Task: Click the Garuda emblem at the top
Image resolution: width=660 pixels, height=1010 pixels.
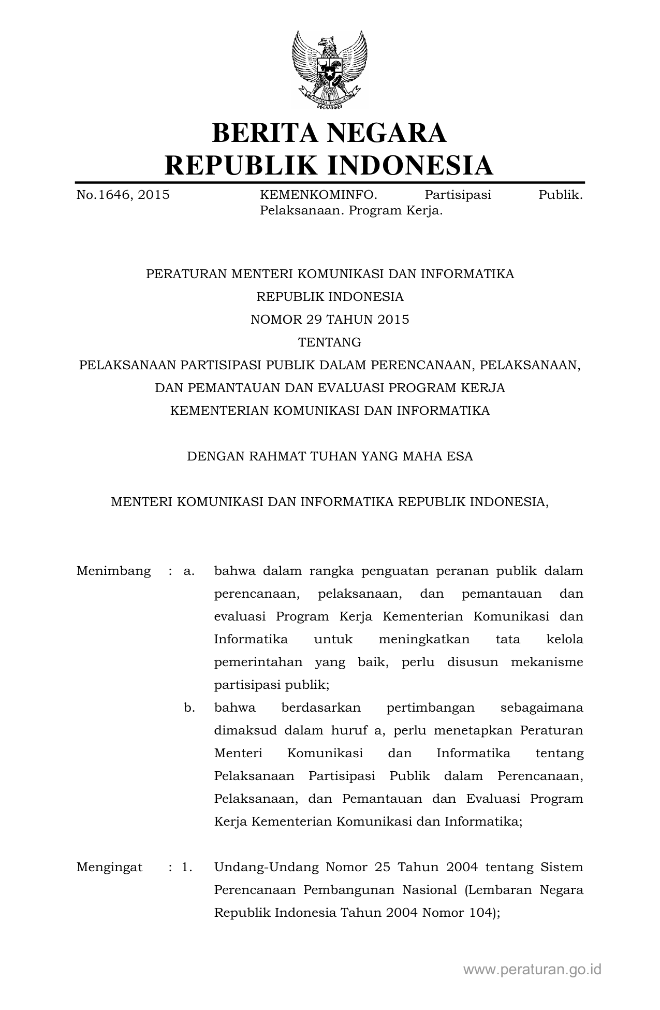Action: (329, 69)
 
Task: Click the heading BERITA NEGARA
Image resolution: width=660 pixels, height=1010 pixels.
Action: (329, 133)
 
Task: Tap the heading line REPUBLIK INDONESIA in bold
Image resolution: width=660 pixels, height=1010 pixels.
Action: (329, 165)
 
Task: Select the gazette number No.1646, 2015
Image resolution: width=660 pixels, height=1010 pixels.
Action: (123, 195)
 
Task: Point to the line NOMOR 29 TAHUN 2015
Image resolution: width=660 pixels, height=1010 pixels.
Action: (330, 320)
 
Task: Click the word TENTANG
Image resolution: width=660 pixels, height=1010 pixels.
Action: (330, 342)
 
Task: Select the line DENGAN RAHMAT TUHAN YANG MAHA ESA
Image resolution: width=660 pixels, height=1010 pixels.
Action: (330, 456)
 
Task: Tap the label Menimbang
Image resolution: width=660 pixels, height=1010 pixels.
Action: (113, 571)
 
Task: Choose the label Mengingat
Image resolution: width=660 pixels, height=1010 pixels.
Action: (109, 867)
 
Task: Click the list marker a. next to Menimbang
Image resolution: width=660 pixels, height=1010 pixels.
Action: (189, 571)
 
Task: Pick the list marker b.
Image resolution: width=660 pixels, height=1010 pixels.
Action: (189, 708)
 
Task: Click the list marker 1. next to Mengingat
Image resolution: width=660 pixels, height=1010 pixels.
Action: (187, 867)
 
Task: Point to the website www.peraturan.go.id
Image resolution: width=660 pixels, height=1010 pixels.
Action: (532, 970)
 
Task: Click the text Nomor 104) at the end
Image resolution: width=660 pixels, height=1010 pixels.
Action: (461, 913)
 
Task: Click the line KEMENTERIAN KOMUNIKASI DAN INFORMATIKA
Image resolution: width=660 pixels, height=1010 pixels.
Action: (330, 411)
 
